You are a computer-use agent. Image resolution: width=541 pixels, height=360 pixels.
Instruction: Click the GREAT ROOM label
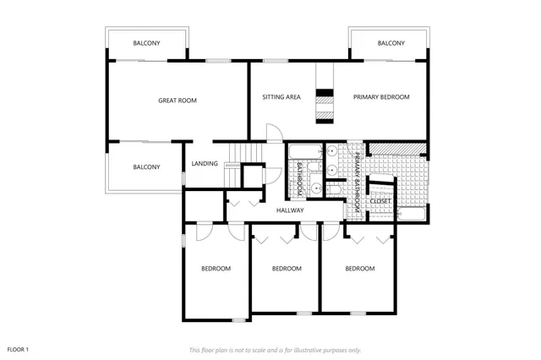[178, 101]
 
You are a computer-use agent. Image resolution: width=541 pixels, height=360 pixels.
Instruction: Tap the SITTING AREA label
[281, 97]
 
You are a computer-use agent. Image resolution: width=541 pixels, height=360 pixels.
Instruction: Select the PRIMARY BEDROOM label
[381, 97]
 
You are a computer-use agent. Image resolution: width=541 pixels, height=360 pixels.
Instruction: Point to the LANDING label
[205, 164]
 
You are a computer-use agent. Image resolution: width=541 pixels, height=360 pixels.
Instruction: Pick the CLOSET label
[380, 200]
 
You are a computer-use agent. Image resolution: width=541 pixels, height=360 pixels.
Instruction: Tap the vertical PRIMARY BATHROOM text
[358, 178]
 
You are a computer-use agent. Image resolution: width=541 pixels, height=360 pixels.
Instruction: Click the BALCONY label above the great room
[147, 43]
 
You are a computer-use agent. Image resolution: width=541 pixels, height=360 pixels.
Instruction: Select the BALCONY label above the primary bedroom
[391, 43]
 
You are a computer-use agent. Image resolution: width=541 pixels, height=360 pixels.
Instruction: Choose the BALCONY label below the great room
[146, 167]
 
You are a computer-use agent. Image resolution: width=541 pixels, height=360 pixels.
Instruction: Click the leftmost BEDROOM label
[216, 269]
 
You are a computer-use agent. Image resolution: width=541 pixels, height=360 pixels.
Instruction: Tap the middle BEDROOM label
[287, 269]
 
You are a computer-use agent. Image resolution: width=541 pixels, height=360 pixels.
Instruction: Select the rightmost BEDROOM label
[360, 269]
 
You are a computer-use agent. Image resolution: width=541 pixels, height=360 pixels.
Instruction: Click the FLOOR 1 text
[19, 349]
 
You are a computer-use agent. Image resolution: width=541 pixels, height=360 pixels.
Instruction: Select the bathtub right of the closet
[413, 214]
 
